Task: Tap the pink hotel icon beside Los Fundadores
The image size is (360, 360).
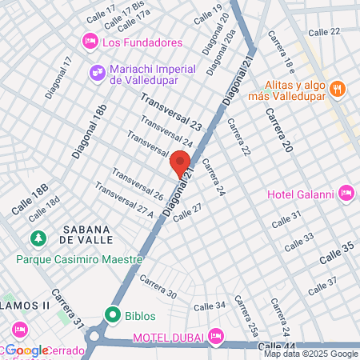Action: pos(90,42)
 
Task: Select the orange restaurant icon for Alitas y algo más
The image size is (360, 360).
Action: pos(337,88)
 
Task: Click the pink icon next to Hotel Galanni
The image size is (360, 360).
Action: pos(346,192)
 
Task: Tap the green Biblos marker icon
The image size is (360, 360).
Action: pos(113,314)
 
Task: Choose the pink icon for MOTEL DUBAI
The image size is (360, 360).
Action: pos(214,336)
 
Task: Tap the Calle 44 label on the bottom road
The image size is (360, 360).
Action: pos(277,345)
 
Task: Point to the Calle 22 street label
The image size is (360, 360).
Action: pos(323,31)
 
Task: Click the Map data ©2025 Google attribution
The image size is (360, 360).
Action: pos(311,354)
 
